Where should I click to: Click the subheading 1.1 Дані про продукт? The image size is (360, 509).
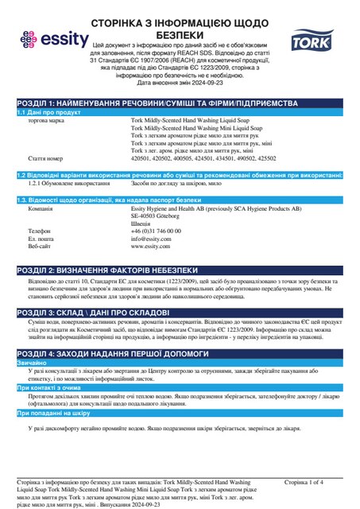coord(49,113)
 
